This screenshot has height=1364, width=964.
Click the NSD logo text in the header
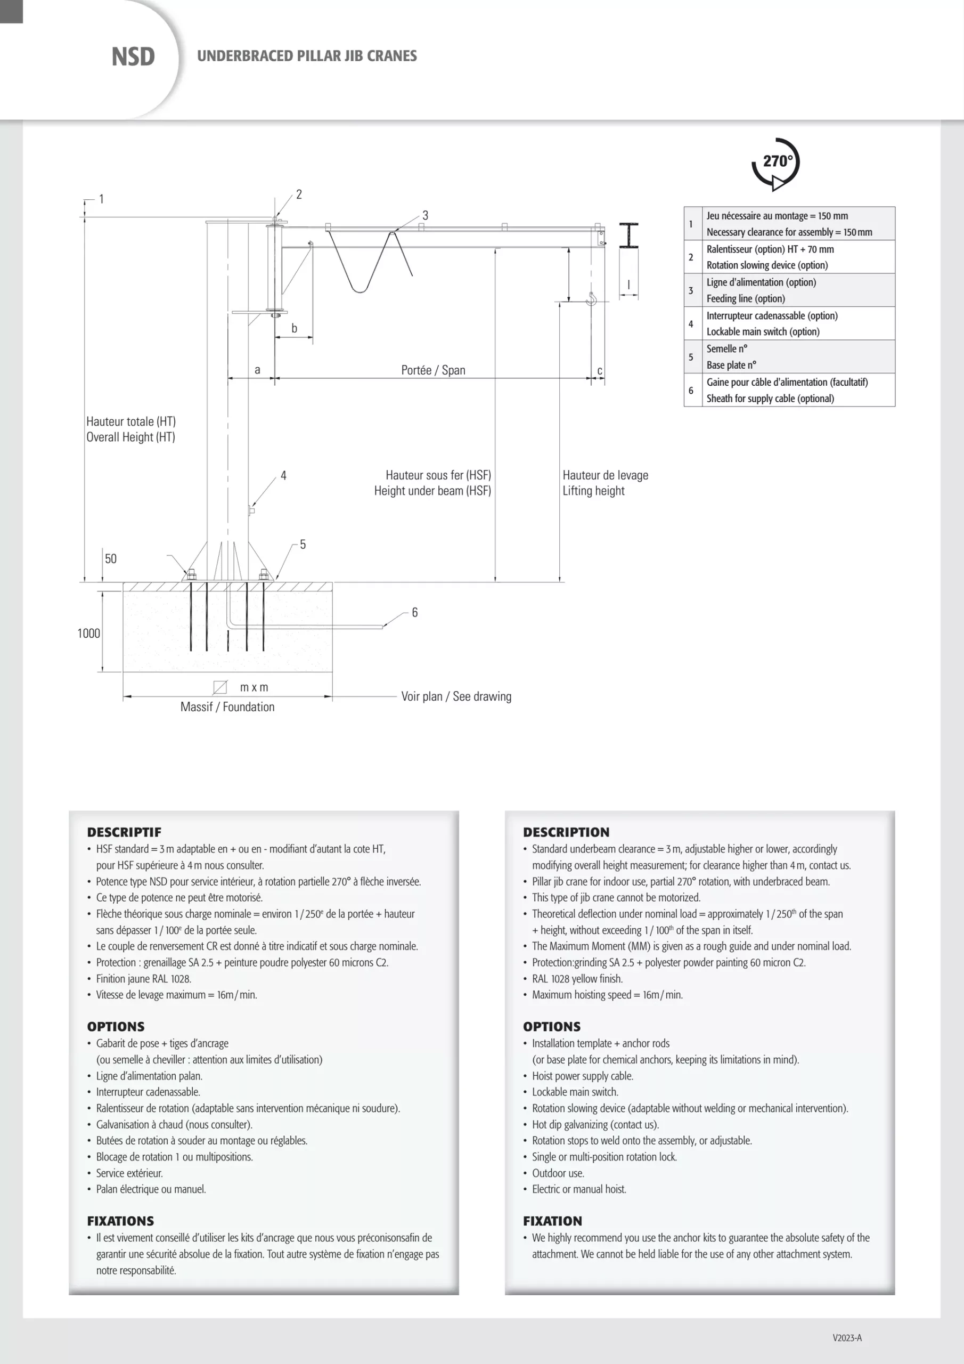coord(133,57)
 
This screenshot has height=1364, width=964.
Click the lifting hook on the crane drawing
coord(591,299)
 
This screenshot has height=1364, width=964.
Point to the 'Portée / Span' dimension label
coord(433,370)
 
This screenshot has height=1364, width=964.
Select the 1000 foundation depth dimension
coord(88,634)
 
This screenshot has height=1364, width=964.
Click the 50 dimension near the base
coord(110,558)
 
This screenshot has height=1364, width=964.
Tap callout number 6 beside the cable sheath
coord(414,613)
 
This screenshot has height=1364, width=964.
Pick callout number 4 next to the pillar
coord(283,475)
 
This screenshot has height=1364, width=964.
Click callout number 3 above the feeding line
coord(425,215)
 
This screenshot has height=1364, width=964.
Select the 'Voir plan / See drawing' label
coord(456,696)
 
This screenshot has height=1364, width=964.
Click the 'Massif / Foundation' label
coord(227,707)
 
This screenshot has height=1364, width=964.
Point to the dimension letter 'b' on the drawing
coord(294,328)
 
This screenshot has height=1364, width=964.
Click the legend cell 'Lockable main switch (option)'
coord(763,331)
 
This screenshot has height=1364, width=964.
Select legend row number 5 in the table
coord(691,357)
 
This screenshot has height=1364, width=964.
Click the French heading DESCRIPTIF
coord(124,832)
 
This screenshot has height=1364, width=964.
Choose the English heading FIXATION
coord(552,1221)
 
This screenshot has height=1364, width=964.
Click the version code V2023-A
coord(847,1338)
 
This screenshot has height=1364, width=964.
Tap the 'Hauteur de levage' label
coord(605,475)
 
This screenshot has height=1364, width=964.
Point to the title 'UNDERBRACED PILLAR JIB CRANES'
coord(307,56)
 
